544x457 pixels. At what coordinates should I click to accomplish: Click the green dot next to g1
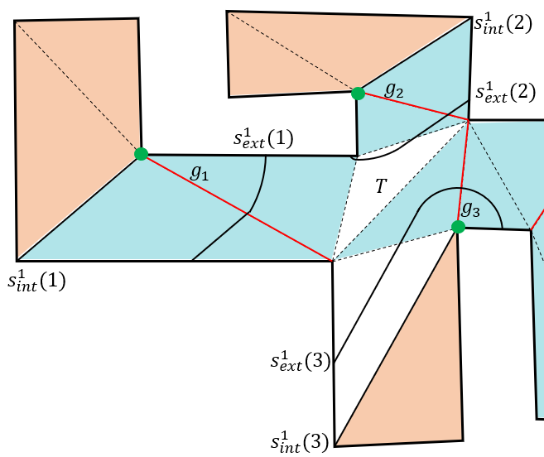(x=142, y=154)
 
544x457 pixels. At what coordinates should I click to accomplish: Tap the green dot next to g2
(x=358, y=94)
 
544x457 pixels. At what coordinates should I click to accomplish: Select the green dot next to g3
(x=458, y=227)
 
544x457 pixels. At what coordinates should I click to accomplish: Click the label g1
(x=200, y=172)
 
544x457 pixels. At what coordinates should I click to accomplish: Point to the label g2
(x=394, y=90)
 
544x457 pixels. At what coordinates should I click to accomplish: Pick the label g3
(x=471, y=209)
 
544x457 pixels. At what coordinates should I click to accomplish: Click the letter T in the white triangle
(x=381, y=185)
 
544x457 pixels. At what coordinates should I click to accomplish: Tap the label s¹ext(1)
(x=263, y=138)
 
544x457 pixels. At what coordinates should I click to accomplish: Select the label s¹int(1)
(x=36, y=281)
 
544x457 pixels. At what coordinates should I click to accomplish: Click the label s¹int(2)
(x=503, y=24)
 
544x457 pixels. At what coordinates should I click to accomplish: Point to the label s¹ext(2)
(x=505, y=92)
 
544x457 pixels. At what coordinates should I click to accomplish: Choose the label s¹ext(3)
(x=301, y=361)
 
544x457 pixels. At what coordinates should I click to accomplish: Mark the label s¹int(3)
(x=300, y=442)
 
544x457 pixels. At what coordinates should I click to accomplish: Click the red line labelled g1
(x=237, y=207)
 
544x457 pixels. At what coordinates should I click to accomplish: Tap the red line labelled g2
(x=413, y=107)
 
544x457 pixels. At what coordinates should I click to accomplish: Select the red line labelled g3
(x=464, y=174)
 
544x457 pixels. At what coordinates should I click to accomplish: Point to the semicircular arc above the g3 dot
(x=460, y=188)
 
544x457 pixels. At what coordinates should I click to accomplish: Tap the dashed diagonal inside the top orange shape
(x=292, y=52)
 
